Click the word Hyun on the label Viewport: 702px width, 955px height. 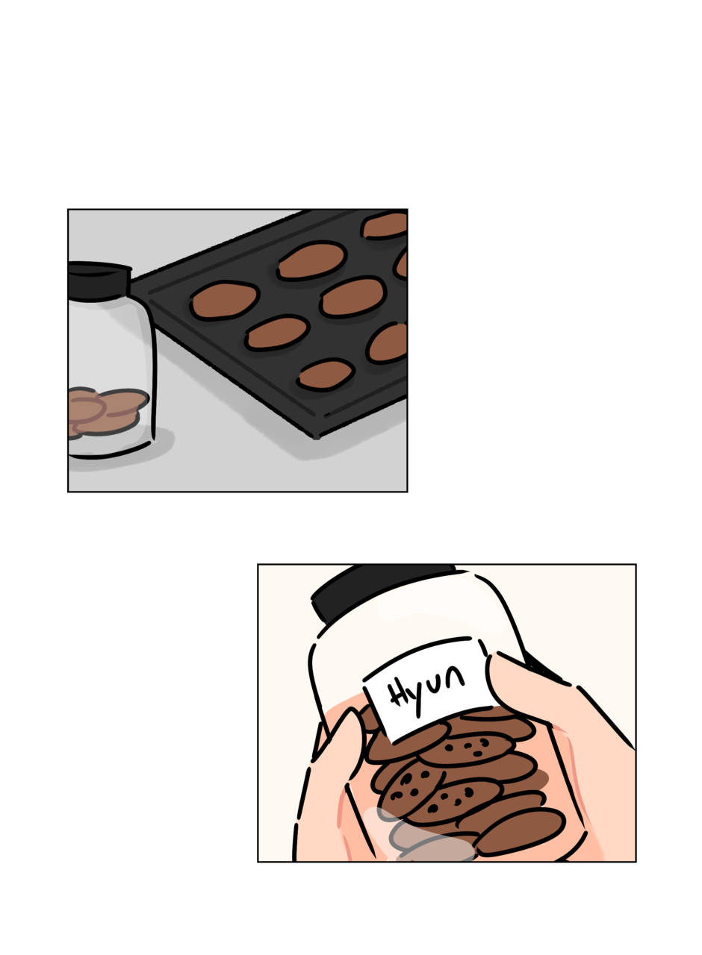(x=426, y=687)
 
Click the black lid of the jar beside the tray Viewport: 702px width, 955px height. (x=97, y=280)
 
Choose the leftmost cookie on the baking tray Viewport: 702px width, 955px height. (x=224, y=300)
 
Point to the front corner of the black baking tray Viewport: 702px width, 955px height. (x=316, y=436)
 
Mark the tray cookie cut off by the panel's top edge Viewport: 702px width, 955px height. (x=385, y=225)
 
